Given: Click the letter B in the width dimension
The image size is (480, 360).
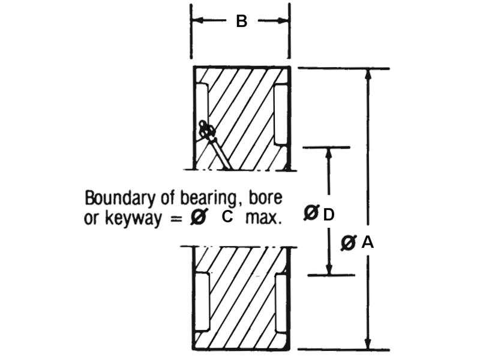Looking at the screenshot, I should tap(241, 22).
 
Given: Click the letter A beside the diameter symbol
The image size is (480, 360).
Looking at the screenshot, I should tap(367, 242).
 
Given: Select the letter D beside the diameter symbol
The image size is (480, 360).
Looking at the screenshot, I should tap(328, 214).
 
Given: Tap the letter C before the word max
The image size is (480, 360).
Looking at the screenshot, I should tap(227, 217).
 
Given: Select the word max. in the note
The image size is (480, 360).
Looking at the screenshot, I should tap(263, 218).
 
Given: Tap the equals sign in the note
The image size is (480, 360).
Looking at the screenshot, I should tap(174, 218).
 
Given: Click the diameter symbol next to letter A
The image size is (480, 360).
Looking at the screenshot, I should tap(349, 242).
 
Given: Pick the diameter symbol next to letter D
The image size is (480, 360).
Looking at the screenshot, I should tap(311, 214).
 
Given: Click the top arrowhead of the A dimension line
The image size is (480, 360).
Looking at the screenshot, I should tap(368, 74).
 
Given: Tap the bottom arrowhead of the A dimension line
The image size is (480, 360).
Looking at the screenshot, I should tap(368, 344).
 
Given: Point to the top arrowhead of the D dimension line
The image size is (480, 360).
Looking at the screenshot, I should tap(329, 152).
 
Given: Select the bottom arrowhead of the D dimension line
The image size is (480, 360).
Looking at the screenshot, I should tap(329, 269).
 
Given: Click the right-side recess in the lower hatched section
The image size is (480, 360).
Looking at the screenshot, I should tap(281, 302).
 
